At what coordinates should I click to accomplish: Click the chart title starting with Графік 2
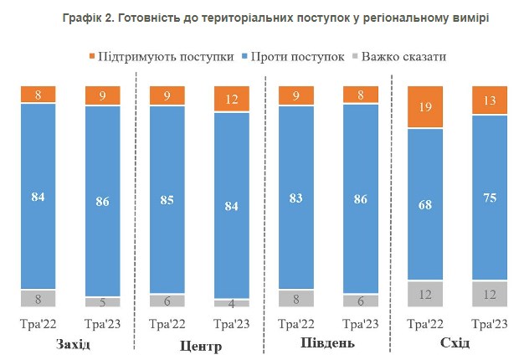264,16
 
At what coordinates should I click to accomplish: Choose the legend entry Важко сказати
399,57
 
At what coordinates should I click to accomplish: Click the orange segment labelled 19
424,106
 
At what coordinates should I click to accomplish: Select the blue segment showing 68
424,203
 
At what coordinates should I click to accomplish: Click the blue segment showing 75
489,197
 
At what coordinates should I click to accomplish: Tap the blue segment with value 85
167,199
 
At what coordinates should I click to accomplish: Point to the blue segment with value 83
296,198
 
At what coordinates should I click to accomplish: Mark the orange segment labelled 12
231,98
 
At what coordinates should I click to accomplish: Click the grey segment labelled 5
102,302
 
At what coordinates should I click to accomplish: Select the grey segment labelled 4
231,304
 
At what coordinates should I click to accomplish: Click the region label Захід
73,345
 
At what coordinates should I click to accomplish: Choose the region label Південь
327,344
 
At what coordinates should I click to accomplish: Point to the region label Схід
455,344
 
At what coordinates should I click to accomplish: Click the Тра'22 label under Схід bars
424,324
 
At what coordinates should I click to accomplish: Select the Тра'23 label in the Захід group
102,324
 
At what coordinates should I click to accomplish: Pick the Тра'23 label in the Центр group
231,324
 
